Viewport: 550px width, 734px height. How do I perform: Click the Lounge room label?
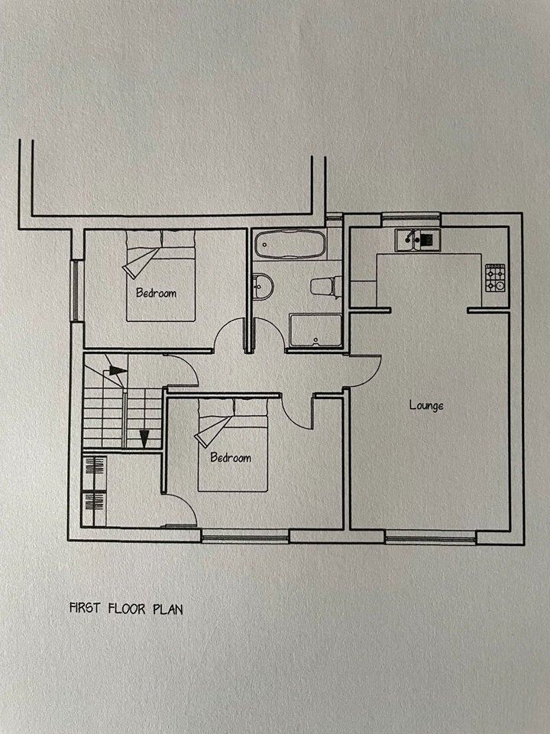[426, 405]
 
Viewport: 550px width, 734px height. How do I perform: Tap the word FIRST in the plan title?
[85, 608]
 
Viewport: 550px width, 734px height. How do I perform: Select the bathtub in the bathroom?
[290, 244]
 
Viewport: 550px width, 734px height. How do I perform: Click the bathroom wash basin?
[263, 287]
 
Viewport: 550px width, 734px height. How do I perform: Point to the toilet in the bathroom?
[326, 286]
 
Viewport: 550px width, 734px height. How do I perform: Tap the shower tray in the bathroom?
[315, 330]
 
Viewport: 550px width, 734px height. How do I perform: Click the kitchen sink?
[417, 239]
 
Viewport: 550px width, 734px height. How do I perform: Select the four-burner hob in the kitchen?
[495, 278]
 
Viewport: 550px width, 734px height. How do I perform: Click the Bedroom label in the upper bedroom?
[156, 293]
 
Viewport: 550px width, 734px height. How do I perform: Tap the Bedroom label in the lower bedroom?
[231, 457]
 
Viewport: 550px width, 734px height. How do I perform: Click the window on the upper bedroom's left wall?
[75, 291]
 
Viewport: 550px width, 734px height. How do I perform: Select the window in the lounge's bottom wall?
[430, 539]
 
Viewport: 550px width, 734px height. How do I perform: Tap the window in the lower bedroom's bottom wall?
[245, 538]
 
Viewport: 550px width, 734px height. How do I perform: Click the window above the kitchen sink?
[411, 217]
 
